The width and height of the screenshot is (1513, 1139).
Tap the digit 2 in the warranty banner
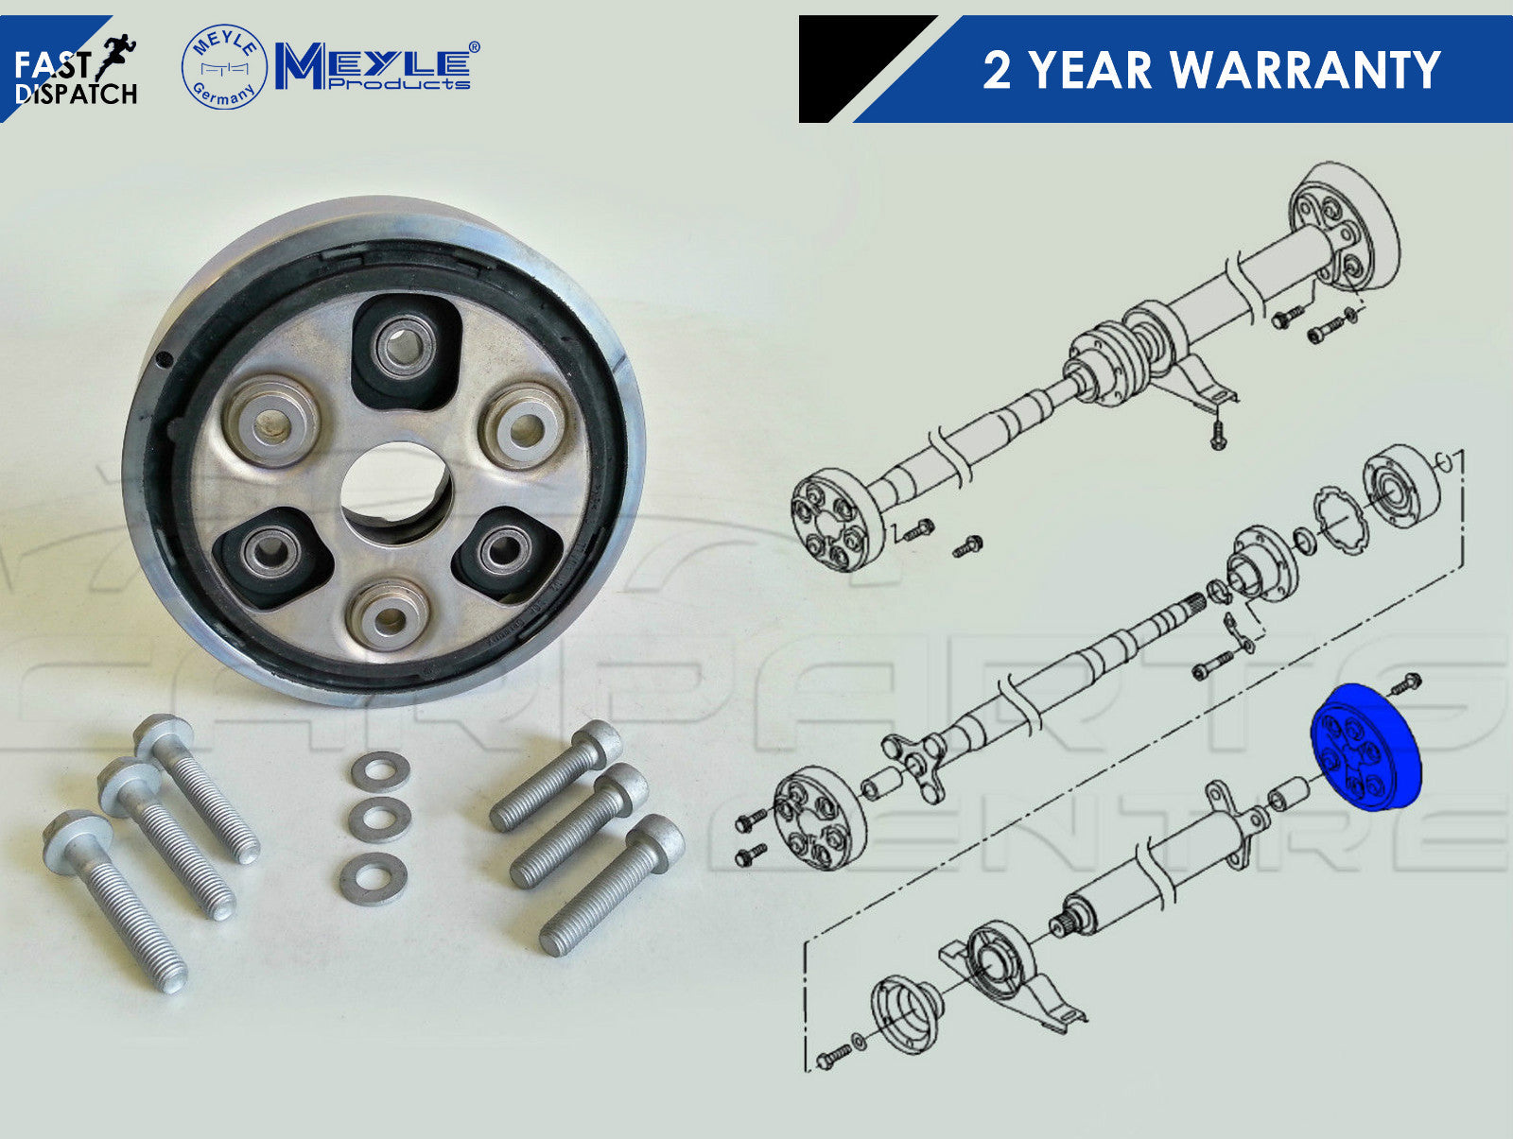[997, 69]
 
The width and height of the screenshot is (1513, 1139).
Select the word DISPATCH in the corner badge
[76, 95]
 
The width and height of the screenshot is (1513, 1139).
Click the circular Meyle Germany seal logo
[224, 67]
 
